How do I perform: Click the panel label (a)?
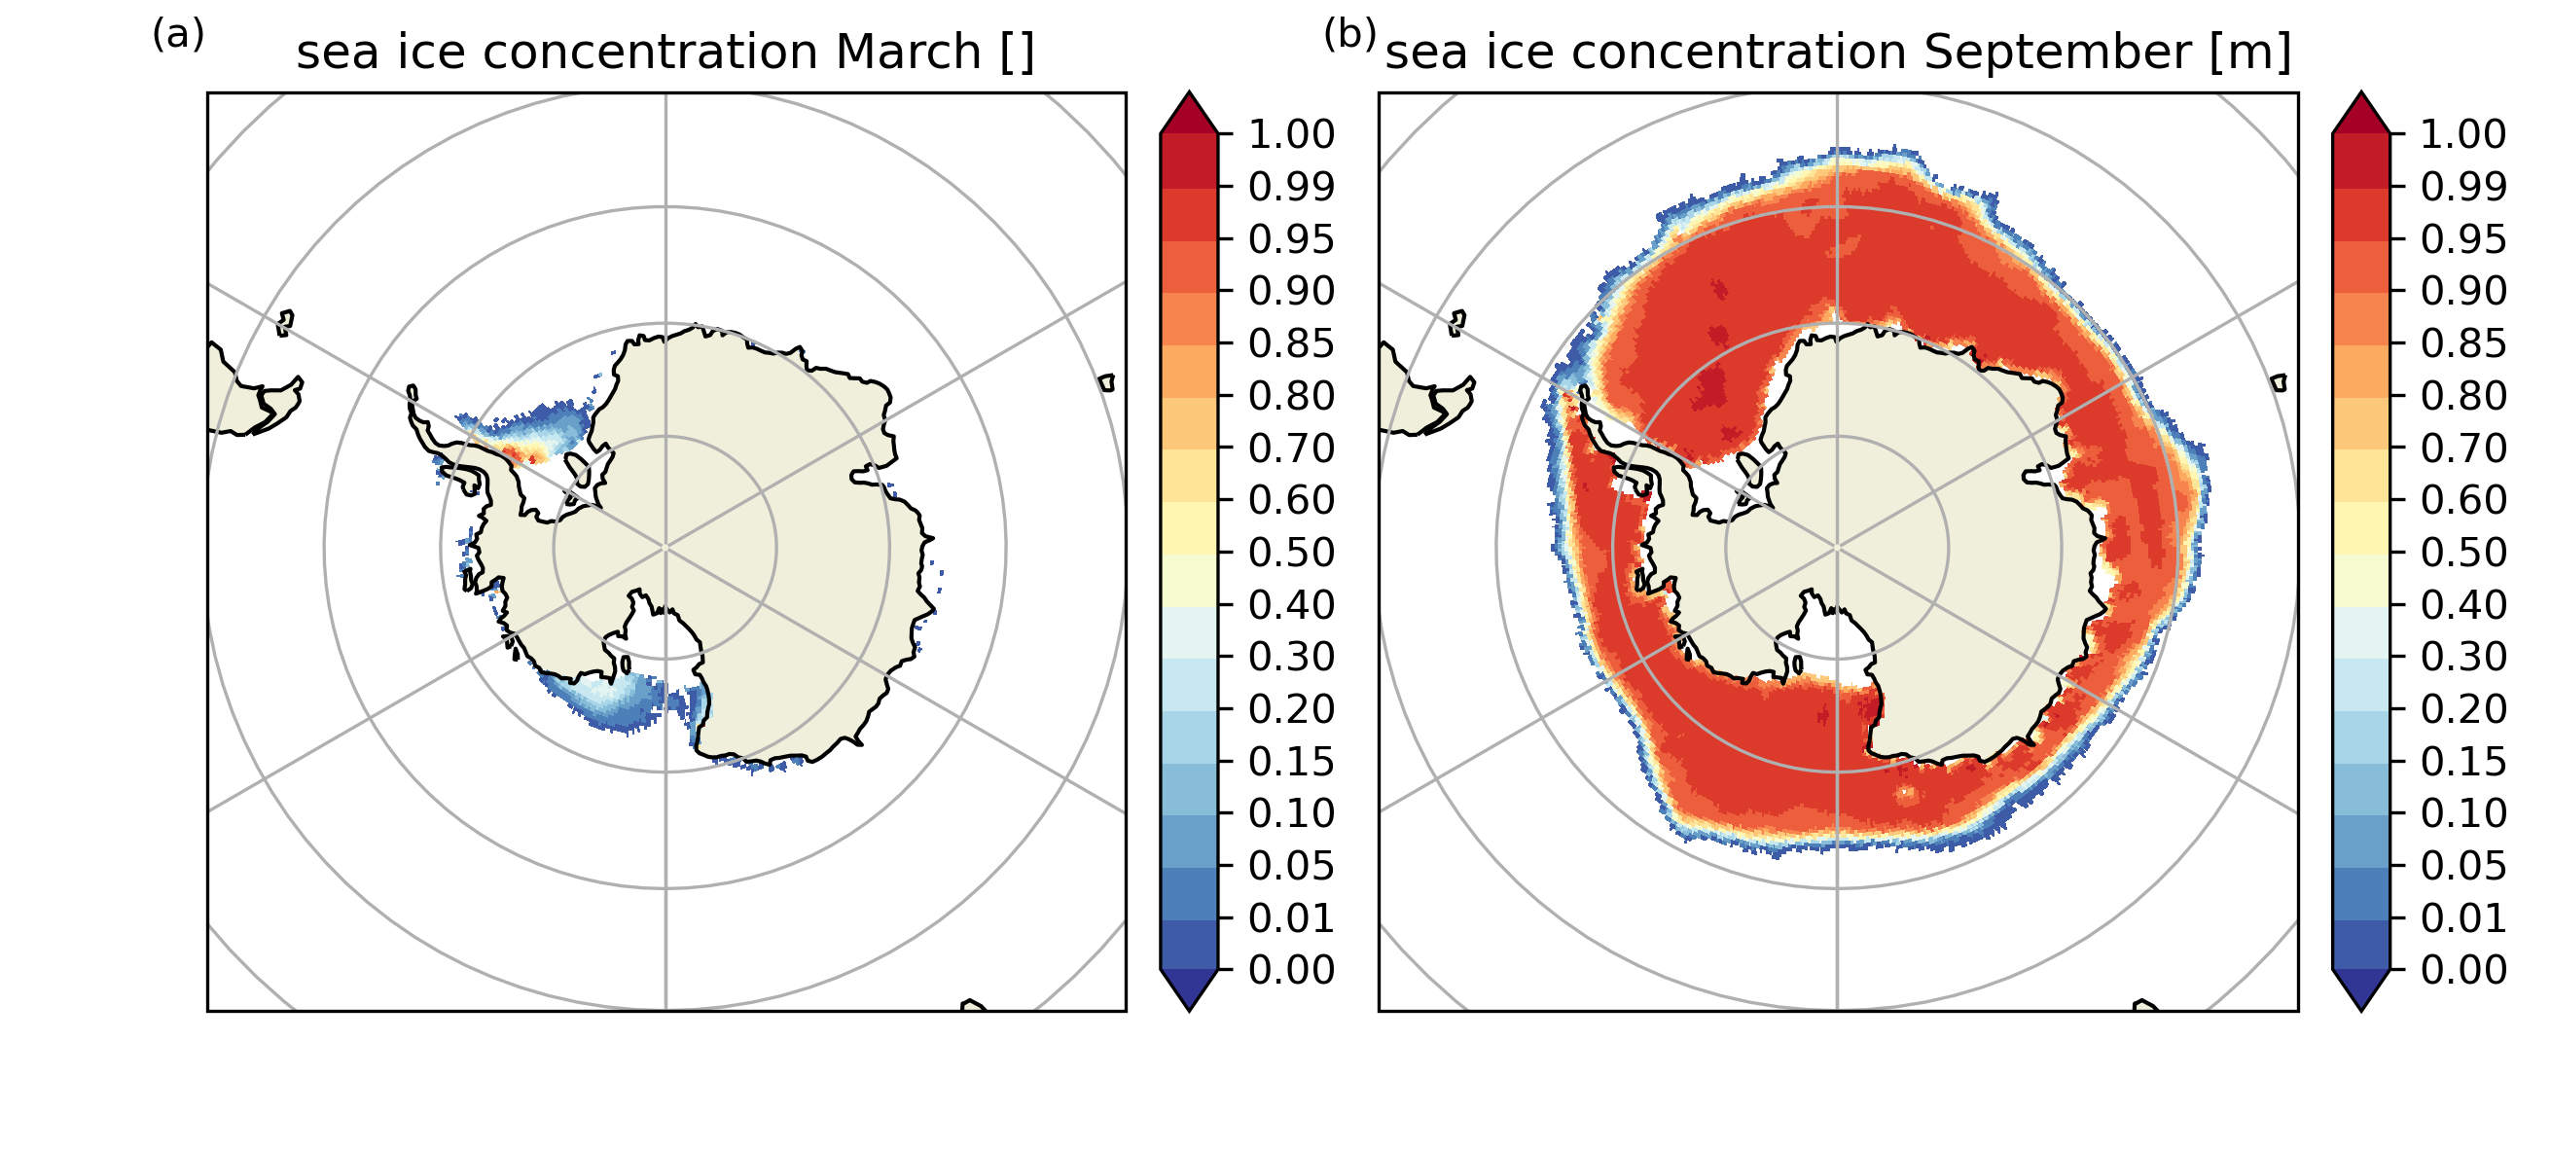[x=178, y=36]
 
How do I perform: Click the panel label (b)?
[x=1349, y=36]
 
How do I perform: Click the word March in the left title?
[x=908, y=52]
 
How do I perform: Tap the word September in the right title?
[x=2057, y=52]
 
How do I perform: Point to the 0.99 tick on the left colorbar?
[x=1291, y=186]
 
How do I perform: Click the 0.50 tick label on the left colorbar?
[x=1291, y=553]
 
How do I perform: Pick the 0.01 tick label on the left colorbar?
[x=1291, y=918]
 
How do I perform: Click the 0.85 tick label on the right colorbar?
[x=2463, y=343]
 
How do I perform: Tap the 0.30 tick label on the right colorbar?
[x=2463, y=657]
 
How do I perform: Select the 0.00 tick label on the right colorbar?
[x=2463, y=970]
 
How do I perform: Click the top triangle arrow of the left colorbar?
[x=1188, y=113]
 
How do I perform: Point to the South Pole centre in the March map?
[x=665, y=547]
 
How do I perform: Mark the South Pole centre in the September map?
[x=1837, y=547]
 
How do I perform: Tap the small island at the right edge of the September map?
[x=2279, y=382]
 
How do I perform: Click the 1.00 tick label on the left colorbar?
[x=1291, y=134]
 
